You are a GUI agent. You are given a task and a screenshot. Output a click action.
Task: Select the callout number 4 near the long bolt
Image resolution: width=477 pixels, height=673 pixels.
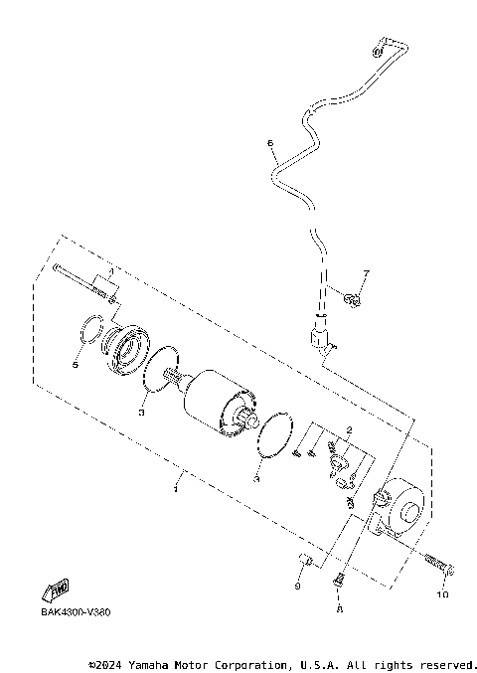click(111, 270)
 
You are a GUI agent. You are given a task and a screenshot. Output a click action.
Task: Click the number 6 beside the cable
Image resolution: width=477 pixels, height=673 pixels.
click(270, 143)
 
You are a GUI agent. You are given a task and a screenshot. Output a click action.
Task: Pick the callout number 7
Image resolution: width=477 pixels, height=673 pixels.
click(365, 273)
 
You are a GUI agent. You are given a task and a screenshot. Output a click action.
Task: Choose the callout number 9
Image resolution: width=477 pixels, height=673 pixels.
click(297, 587)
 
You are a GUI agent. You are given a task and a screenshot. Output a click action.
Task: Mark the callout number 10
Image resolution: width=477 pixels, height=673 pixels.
click(441, 595)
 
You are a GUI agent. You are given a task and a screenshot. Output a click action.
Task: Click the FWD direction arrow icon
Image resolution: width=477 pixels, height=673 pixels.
click(60, 587)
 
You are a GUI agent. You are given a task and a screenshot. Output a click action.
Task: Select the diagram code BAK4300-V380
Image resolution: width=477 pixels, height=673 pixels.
click(77, 612)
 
